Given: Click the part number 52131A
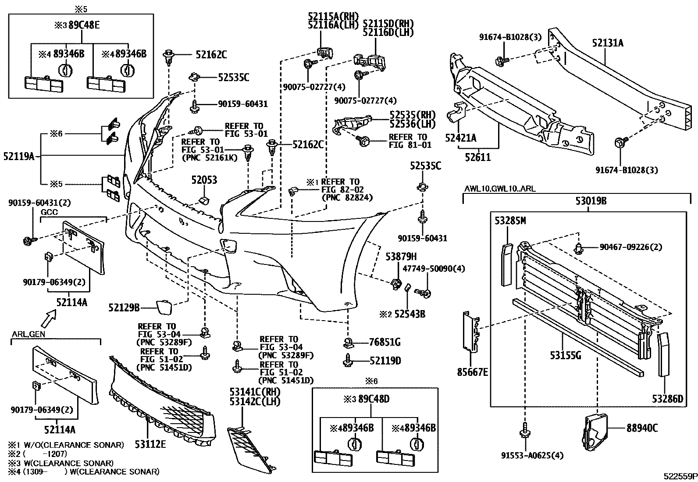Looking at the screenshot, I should tap(608, 43).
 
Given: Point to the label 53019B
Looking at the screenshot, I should tap(591, 201).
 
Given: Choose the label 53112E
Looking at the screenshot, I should tap(150, 444).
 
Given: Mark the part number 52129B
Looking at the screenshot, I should tap(124, 308).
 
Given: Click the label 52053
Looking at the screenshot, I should tap(204, 180).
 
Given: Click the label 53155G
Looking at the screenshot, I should tap(566, 355).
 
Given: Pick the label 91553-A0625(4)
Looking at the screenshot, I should tap(532, 455).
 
